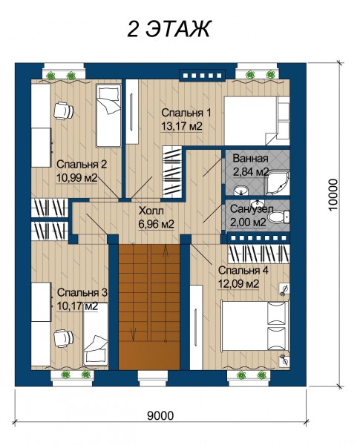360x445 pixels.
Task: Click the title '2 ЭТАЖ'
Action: pyautogui.click(x=168, y=29)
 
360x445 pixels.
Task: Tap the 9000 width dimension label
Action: pyautogui.click(x=160, y=415)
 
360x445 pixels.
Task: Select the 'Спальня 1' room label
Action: pyautogui.click(x=186, y=113)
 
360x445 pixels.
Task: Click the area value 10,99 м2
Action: pyautogui.click(x=77, y=178)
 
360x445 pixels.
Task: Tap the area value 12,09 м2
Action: pyautogui.click(x=238, y=283)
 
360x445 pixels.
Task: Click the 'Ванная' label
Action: pyautogui.click(x=250, y=159)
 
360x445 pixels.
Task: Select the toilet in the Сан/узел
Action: pyautogui.click(x=279, y=217)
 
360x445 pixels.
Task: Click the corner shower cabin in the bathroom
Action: pyautogui.click(x=278, y=183)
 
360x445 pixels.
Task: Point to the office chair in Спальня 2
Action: pyautogui.click(x=63, y=111)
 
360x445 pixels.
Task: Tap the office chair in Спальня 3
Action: pyautogui.click(x=63, y=337)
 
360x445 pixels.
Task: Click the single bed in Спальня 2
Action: pyautogui.click(x=108, y=116)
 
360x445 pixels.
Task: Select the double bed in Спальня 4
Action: pyautogui.click(x=255, y=326)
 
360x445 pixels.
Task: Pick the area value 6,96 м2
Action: pyautogui.click(x=157, y=224)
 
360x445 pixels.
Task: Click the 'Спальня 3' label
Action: pyautogui.click(x=82, y=292)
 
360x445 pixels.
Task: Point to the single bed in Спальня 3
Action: pyautogui.click(x=96, y=334)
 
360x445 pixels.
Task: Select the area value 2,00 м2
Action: pyautogui.click(x=248, y=222)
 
